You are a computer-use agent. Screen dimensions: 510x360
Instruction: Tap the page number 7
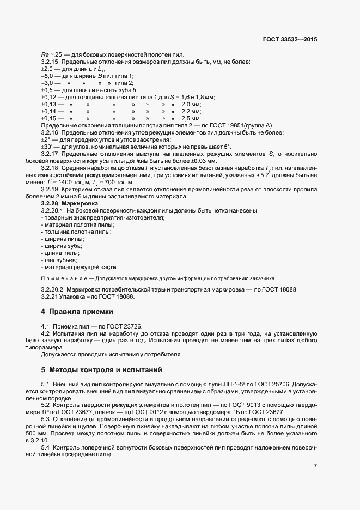tap(316, 466)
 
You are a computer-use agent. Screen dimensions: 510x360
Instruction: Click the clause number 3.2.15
tap(50, 62)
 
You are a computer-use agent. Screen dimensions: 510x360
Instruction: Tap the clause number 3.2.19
tap(50, 189)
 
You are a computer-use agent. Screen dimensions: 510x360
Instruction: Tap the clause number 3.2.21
tap(50, 297)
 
